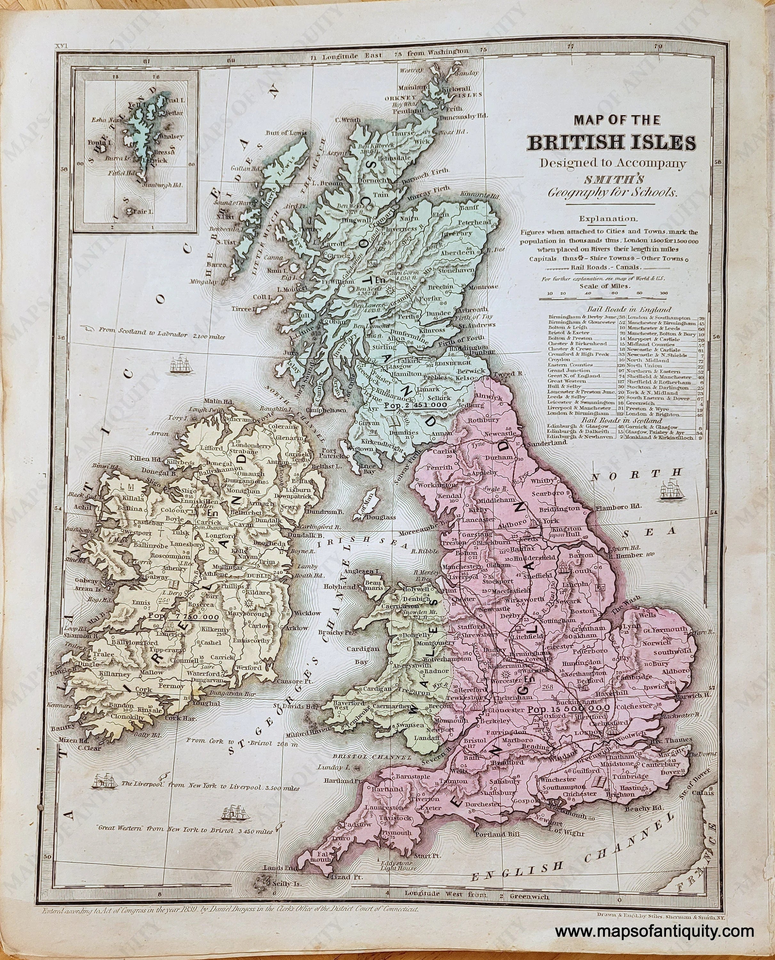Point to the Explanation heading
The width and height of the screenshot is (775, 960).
[608, 219]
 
